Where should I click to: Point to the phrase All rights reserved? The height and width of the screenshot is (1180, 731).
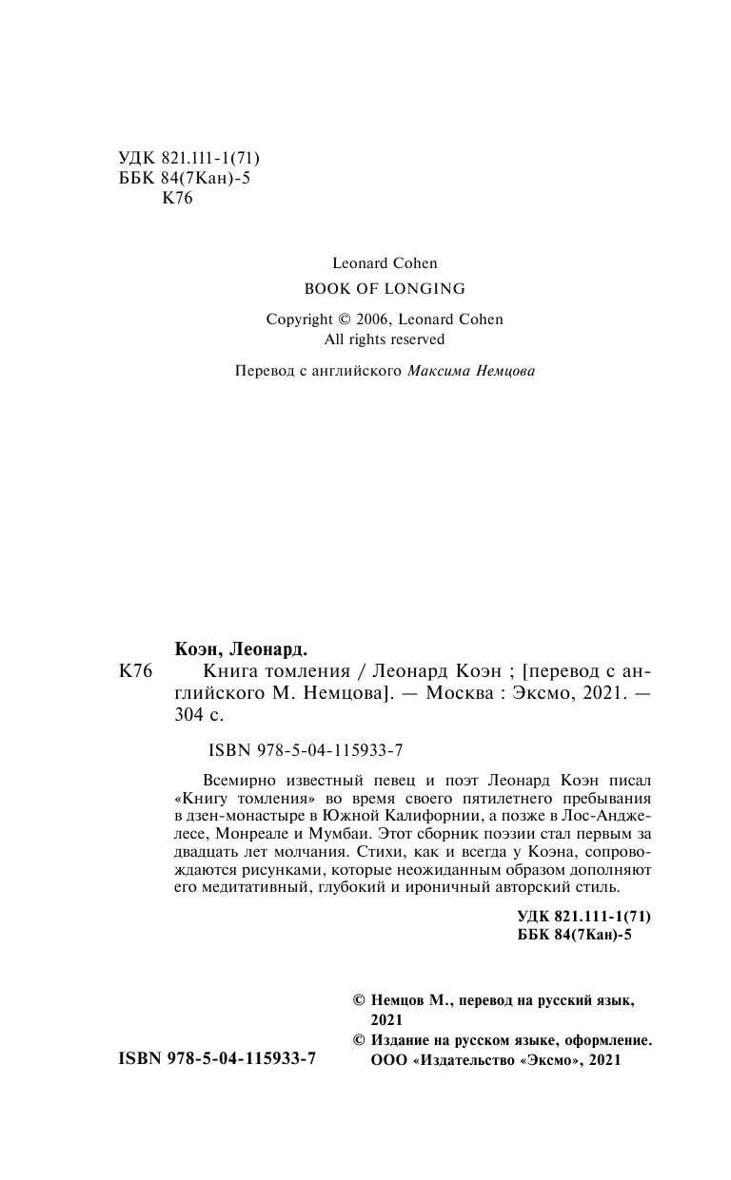coord(385,339)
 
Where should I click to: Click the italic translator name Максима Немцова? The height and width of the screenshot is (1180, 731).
coord(470,371)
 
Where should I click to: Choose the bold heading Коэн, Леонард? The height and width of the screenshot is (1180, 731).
coord(242,649)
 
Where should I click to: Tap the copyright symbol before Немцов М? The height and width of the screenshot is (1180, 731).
coord(359,1000)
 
